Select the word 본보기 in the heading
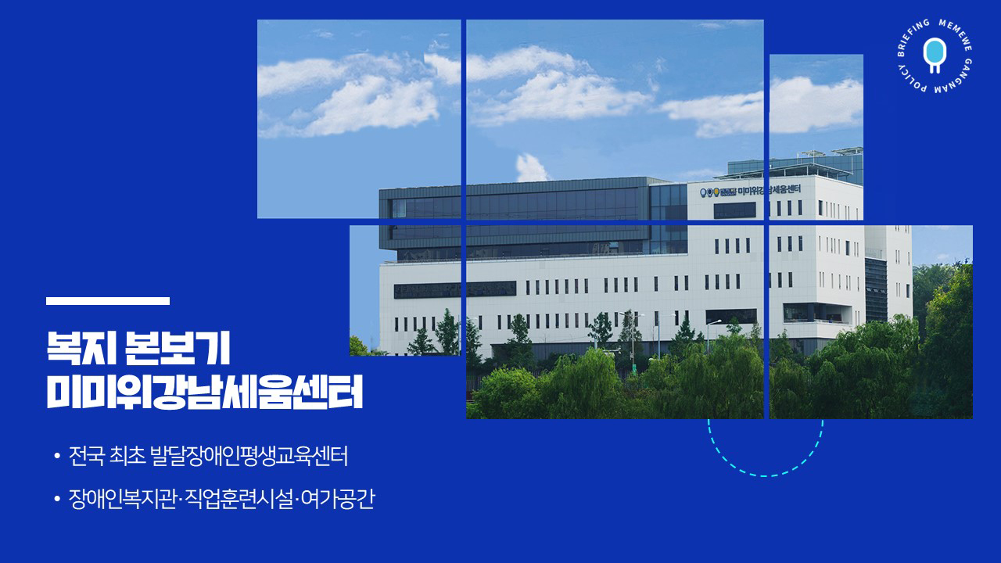click(178, 349)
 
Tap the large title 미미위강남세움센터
click(204, 392)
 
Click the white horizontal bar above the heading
click(108, 301)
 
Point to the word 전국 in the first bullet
click(87, 456)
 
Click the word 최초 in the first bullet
click(127, 456)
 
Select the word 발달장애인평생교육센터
click(249, 456)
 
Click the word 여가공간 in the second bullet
click(337, 499)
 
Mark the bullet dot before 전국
click(57, 456)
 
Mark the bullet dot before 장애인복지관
click(57, 499)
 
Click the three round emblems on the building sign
click(709, 192)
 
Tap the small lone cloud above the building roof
click(531, 167)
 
